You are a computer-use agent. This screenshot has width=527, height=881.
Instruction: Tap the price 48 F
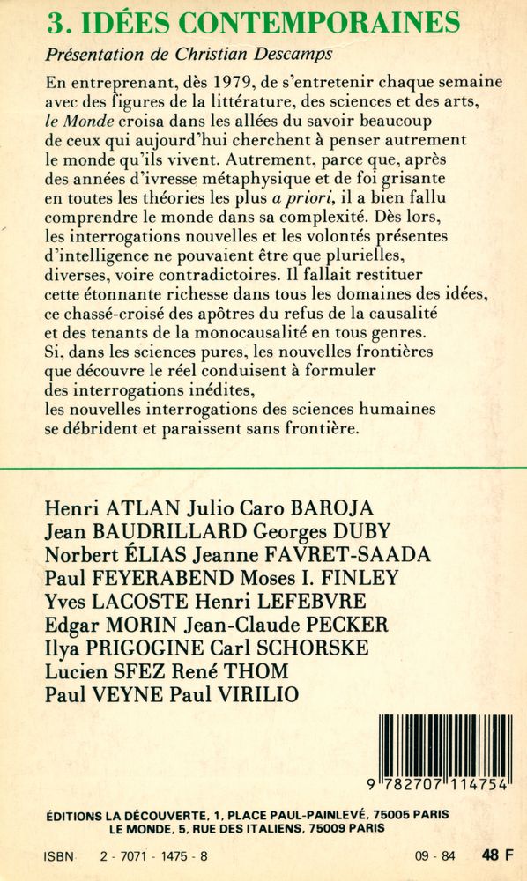[499, 854]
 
